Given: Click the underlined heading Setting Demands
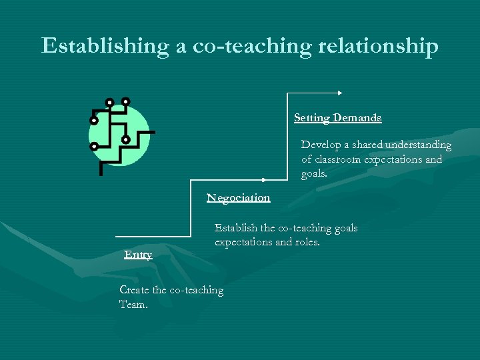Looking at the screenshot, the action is click(337, 118).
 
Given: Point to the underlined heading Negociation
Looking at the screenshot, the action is click(238, 198).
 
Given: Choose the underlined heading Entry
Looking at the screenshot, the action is click(138, 255).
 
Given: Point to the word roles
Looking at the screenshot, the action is click(306, 242).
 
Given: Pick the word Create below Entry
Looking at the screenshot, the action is click(134, 289).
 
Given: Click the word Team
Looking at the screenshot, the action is click(133, 304).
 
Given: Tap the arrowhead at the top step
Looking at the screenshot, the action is click(340, 93).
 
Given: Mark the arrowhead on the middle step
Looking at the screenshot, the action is click(264, 180).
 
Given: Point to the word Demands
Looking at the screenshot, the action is click(357, 118).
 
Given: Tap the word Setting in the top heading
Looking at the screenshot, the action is click(312, 118).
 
